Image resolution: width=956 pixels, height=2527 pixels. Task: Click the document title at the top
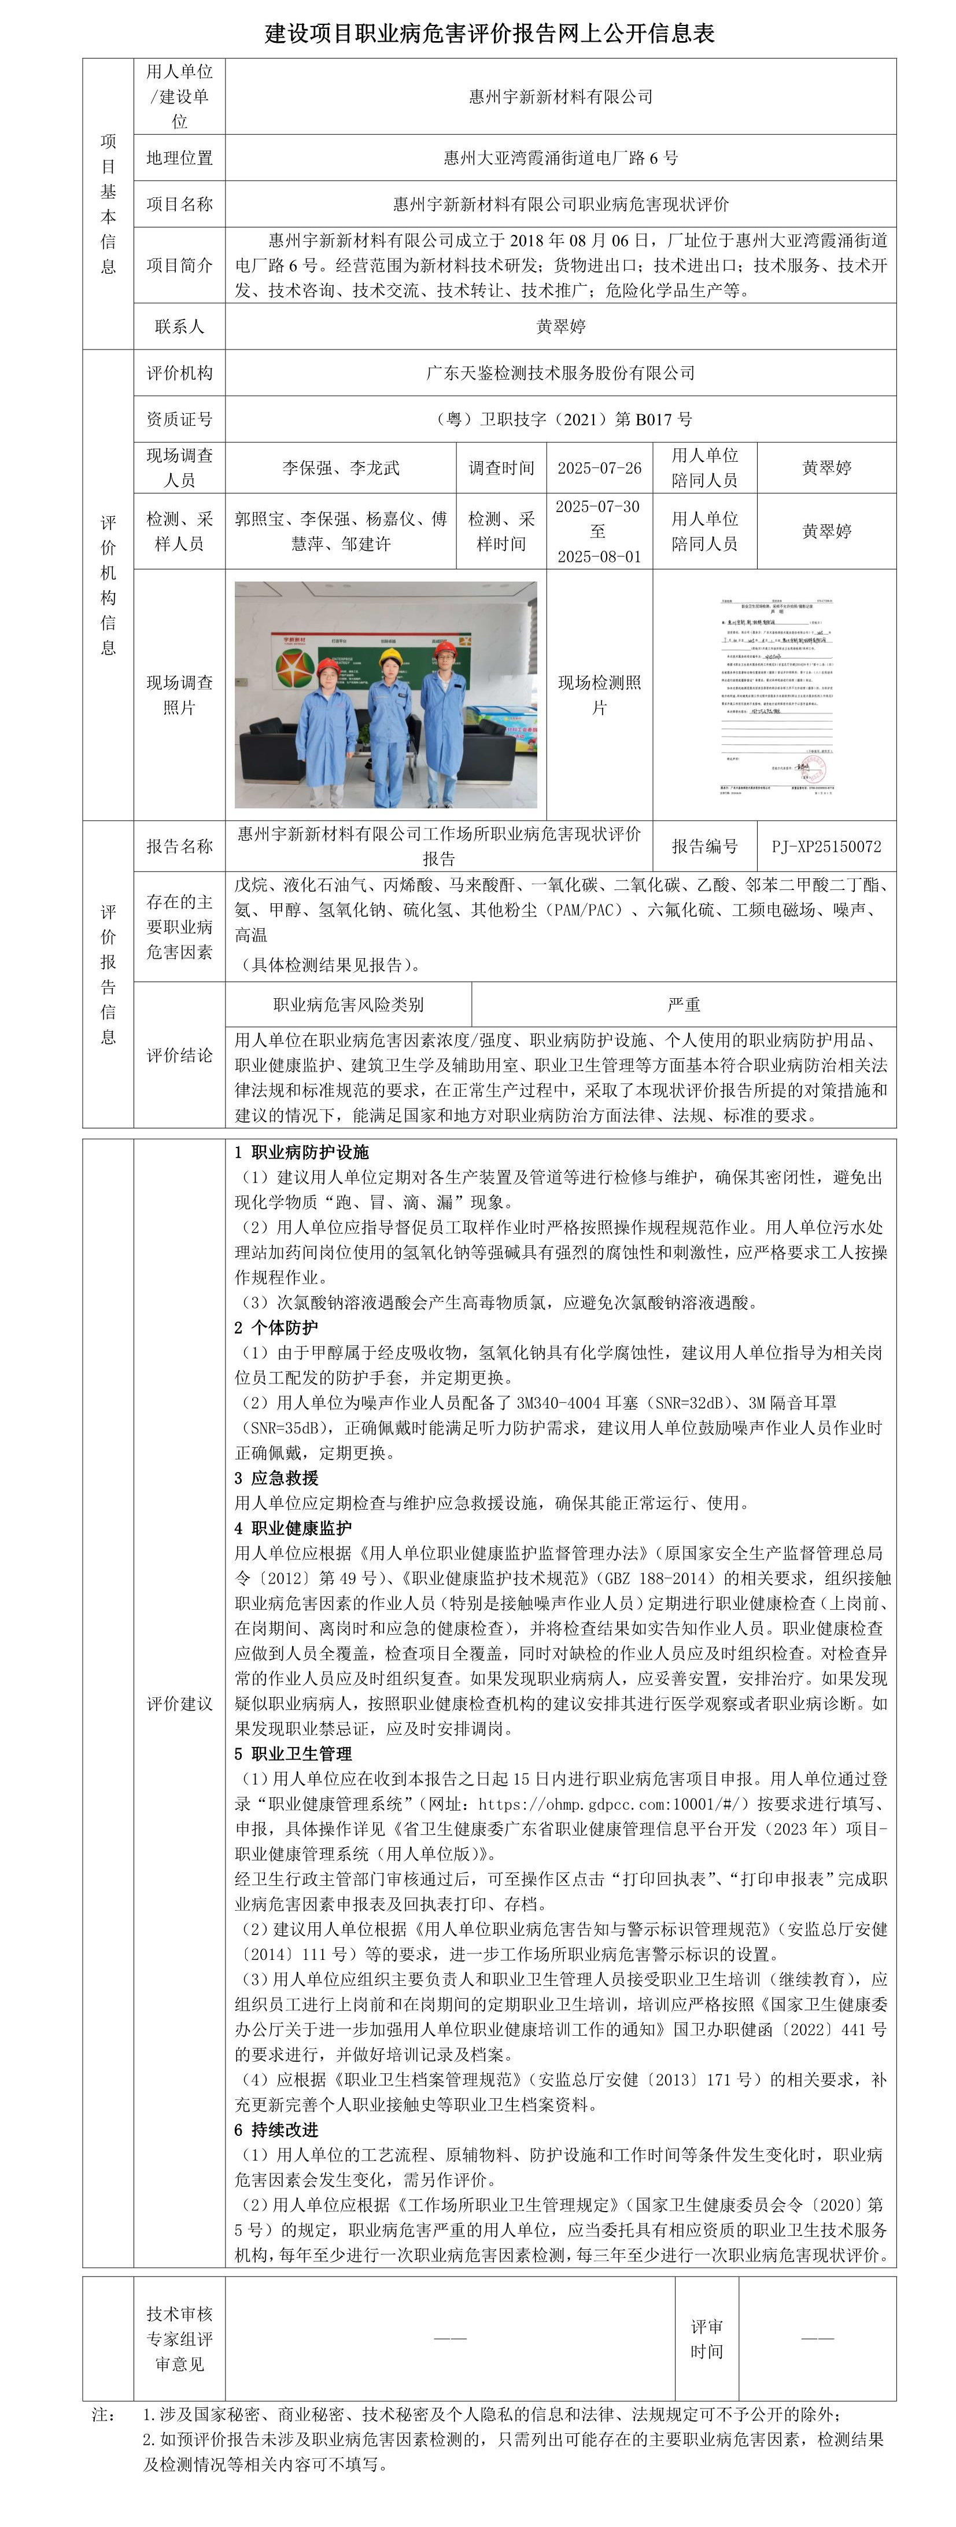tap(489, 34)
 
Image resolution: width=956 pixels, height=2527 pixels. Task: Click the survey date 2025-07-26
tap(599, 468)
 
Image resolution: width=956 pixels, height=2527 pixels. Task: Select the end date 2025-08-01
tap(599, 556)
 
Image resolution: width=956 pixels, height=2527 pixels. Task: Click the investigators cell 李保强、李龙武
tap(340, 468)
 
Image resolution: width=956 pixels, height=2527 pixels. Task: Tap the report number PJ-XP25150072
tap(826, 845)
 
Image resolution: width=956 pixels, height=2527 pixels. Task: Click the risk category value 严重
tap(684, 1005)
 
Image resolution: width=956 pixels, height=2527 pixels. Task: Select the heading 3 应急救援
tap(276, 1477)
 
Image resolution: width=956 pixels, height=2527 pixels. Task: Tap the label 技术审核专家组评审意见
tap(179, 2339)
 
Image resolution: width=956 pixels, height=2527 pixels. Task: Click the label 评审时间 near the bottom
tap(706, 2339)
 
